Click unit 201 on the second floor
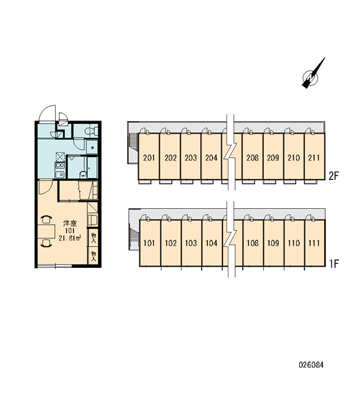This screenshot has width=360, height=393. click(149, 156)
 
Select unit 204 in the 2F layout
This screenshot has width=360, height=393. click(211, 156)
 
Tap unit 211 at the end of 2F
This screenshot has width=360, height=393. click(314, 156)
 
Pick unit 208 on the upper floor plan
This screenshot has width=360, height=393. click(252, 156)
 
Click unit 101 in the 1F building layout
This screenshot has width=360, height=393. click(150, 242)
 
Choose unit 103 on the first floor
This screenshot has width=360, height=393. click(191, 242)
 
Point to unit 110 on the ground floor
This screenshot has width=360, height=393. click(294, 242)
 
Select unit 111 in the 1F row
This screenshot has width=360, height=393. click(315, 242)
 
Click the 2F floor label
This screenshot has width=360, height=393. click(333, 176)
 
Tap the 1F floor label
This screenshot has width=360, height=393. click(334, 263)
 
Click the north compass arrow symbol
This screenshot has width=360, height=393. click(313, 73)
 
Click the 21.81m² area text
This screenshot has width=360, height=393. click(69, 238)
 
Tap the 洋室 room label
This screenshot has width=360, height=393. click(70, 223)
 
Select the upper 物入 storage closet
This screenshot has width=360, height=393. click(94, 237)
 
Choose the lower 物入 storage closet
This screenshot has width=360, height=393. click(94, 255)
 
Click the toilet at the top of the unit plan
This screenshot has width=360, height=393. click(90, 131)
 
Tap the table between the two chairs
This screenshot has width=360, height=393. click(46, 231)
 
